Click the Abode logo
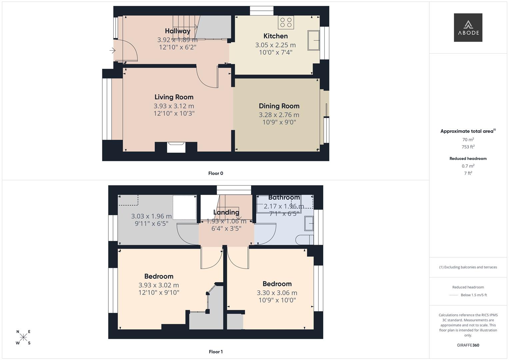click(x=468, y=28)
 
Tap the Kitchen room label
click(x=275, y=36)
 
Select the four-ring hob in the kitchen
click(x=286, y=22)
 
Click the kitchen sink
click(x=313, y=40)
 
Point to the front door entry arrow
click(x=112, y=51)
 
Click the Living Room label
click(x=174, y=97)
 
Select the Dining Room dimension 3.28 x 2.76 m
click(x=279, y=115)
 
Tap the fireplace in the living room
click(x=176, y=147)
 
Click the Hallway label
click(x=177, y=31)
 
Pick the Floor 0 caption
click(x=216, y=173)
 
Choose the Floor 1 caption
click(x=216, y=352)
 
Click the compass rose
click(x=23, y=337)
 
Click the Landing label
click(x=226, y=212)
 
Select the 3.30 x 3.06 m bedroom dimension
click(x=277, y=293)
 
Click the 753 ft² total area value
click(x=468, y=147)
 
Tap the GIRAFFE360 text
click(x=468, y=345)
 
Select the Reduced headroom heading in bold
click(x=468, y=159)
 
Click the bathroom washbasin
click(x=309, y=223)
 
